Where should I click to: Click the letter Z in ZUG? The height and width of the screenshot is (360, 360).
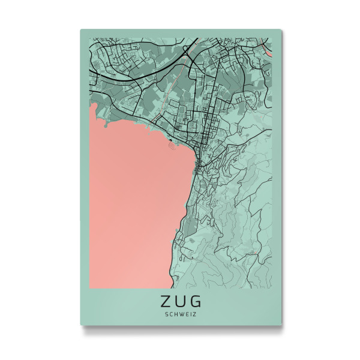[165, 299]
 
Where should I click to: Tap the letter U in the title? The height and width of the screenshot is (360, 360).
[181, 299]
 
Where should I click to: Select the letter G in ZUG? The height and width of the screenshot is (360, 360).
[196, 299]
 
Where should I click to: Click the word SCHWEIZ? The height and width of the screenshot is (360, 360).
[181, 312]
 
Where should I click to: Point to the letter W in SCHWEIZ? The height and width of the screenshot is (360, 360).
[181, 312]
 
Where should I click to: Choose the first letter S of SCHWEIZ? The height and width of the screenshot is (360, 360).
[164, 312]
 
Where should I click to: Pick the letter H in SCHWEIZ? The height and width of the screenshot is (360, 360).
[175, 312]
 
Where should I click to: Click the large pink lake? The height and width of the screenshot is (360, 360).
[132, 198]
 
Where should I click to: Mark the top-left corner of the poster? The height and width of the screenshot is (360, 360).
[80, 29]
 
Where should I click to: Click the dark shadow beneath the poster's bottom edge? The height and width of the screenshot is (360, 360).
[180, 328]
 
